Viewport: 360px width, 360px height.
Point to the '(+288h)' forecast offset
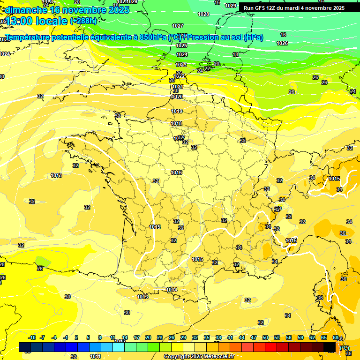coord(83,21)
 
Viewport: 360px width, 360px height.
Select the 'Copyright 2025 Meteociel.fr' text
coord(199,356)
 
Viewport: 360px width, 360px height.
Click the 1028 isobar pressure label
coord(203,15)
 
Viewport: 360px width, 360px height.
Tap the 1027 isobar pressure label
coord(178,26)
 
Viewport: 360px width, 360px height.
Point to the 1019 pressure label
coord(177,111)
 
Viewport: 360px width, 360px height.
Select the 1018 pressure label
coord(176,123)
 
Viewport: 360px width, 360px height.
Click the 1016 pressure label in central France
coord(176,172)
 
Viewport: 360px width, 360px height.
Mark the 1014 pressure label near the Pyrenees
coord(172,290)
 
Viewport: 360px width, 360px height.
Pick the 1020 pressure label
coord(177,97)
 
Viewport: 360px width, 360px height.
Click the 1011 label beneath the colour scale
coord(95,356)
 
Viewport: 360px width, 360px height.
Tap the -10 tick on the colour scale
coord(32,337)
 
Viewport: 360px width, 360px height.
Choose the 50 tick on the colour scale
coord(265,337)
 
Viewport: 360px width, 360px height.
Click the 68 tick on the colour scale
coord(336,337)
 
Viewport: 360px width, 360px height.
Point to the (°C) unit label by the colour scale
coord(345,347)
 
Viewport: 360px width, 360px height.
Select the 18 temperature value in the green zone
coord(235,55)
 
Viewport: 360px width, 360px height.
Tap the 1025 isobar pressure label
coord(181,45)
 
